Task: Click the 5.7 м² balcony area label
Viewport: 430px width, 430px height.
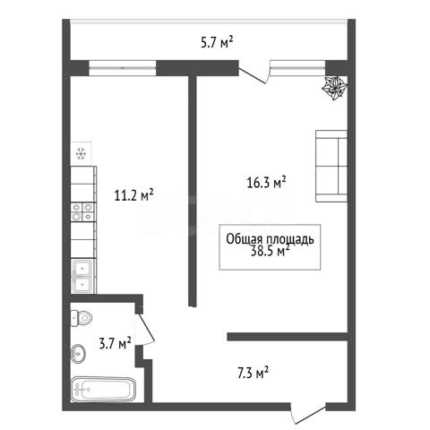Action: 217,42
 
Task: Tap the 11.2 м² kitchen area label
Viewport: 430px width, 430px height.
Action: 134,195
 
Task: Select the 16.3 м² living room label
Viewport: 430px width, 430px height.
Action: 266,182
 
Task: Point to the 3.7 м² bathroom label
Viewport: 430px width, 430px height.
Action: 115,343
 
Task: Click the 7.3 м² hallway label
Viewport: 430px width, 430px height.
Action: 253,373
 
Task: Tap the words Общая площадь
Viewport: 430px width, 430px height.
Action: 270,239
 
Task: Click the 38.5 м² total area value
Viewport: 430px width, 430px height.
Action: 270,252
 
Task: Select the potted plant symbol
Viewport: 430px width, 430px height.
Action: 335,88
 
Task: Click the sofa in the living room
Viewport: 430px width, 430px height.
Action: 331,166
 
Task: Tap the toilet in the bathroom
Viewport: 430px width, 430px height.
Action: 82,318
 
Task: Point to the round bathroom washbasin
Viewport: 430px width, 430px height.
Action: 78,354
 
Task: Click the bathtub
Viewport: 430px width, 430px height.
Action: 103,390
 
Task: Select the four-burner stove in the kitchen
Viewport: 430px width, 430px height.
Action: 83,212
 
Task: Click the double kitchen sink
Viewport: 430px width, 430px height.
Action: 83,276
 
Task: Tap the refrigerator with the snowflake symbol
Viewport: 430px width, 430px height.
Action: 81,153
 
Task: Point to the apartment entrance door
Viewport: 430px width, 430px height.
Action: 308,414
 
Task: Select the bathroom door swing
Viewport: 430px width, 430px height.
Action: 145,329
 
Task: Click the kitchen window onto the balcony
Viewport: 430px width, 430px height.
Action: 123,68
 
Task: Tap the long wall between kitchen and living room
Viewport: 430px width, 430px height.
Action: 193,191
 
